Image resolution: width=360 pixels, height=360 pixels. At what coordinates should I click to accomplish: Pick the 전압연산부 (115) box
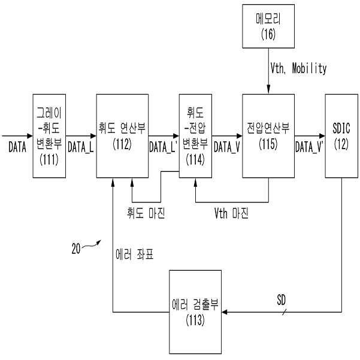(268, 135)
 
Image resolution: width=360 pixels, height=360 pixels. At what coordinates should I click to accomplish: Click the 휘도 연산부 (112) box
(122, 135)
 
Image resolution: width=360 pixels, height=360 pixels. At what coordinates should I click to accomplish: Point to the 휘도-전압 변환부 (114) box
(195, 135)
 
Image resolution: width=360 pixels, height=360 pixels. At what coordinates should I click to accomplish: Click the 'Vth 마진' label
(231, 213)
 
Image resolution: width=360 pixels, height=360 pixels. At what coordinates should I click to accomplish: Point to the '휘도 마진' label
(146, 213)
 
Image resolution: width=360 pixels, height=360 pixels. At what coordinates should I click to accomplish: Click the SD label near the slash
(281, 298)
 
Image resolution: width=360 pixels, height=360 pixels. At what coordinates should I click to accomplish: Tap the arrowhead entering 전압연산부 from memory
(268, 91)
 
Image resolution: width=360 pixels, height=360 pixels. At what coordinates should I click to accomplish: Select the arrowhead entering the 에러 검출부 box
(225, 311)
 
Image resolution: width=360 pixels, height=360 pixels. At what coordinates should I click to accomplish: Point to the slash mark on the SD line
(281, 311)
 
